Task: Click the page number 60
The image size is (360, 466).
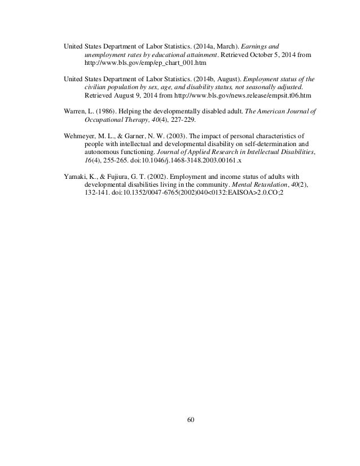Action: pos(180,418)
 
